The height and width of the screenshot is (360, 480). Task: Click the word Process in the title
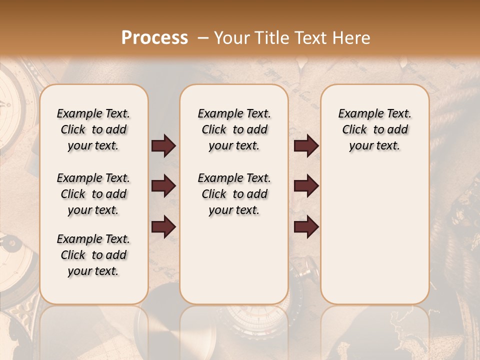pos(154,37)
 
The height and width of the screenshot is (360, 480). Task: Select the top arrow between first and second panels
pos(163,146)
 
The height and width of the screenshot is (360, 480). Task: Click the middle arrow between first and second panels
pos(163,186)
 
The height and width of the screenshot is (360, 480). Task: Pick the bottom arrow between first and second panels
pos(163,226)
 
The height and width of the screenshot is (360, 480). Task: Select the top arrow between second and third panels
pos(306,146)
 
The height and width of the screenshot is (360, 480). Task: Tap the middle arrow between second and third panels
pos(306,186)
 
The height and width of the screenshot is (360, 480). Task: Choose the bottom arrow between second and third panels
pos(306,226)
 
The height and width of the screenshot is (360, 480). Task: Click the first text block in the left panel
pos(93,129)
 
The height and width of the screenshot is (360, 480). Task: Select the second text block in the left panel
pos(93,194)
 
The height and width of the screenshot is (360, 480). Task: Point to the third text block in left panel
pos(93,255)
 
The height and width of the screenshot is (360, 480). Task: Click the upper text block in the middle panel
pos(234,129)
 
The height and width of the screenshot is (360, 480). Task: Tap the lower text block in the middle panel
pos(234,194)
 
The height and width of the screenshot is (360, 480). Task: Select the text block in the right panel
pos(374,129)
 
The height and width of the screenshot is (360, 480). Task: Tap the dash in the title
pos(203,37)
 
